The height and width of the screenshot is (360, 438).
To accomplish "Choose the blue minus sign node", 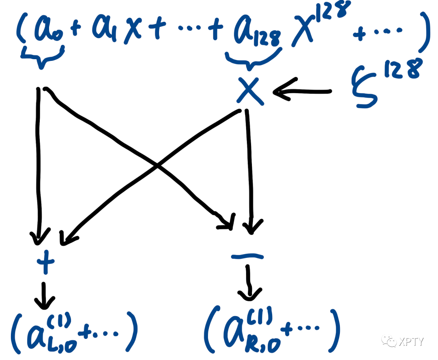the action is point(247,256).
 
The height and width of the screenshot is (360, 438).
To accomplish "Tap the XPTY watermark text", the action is point(410,341).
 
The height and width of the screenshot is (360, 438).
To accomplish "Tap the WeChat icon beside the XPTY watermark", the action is point(391,341).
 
